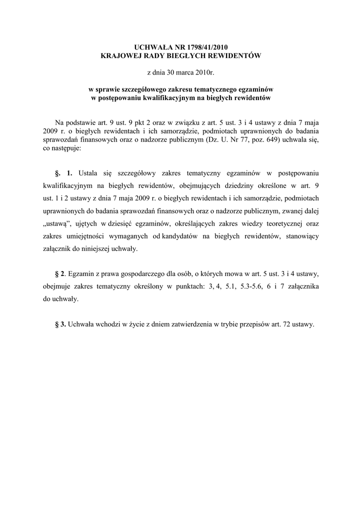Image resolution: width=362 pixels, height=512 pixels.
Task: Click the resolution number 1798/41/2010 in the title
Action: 210,46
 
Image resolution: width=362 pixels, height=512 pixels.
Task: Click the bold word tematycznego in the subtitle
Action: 207,89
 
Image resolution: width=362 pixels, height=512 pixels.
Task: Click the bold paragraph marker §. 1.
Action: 64,173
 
